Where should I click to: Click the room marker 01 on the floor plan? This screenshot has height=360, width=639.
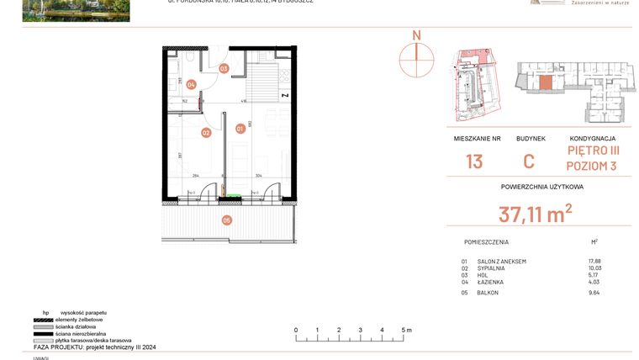[240, 129]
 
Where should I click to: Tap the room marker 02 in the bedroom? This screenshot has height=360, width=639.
[206, 132]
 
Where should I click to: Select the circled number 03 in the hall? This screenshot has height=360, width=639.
[224, 68]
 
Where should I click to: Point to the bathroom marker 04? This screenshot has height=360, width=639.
[192, 84]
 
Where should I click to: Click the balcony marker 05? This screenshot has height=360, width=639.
[226, 220]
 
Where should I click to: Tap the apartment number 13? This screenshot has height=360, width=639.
[474, 161]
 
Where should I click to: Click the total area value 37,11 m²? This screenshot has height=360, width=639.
[535, 214]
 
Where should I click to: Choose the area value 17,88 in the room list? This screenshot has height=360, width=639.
[594, 261]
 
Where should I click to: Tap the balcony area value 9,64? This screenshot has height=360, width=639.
[594, 293]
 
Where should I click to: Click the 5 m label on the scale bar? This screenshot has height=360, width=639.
[407, 330]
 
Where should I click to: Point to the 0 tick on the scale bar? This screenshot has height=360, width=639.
[297, 330]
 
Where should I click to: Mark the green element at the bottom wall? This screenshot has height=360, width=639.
[231, 198]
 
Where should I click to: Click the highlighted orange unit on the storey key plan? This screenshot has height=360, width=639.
[546, 82]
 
